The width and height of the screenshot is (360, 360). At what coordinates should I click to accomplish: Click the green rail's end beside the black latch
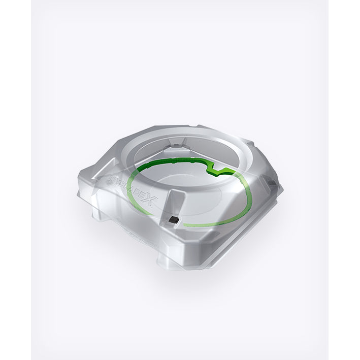[185, 224]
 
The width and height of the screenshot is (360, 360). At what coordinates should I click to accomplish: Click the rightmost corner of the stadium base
[282, 190]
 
